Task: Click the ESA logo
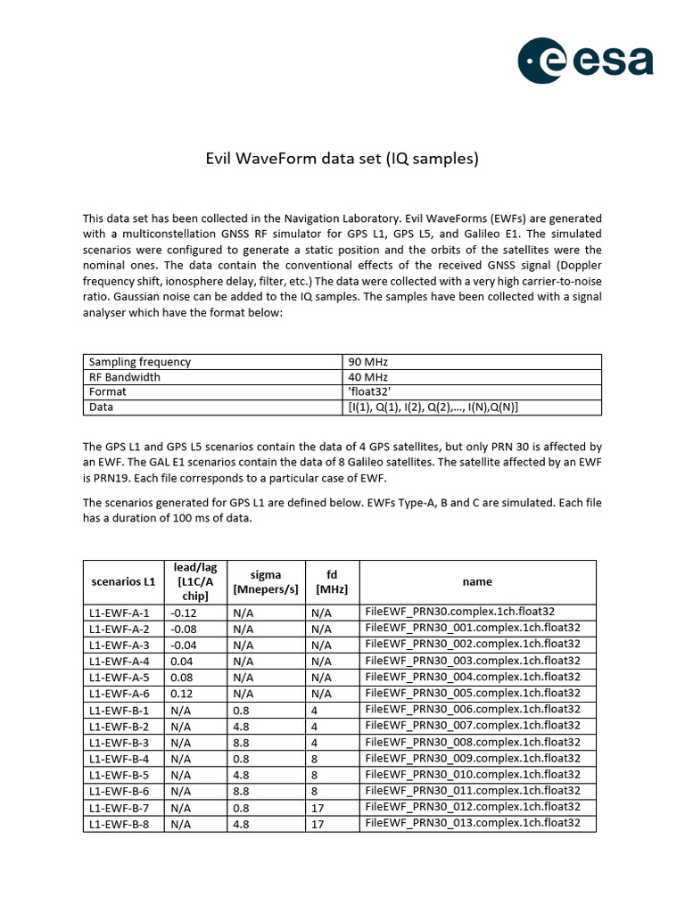tap(586, 62)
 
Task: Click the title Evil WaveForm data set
tap(342, 160)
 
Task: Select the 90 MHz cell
tap(368, 362)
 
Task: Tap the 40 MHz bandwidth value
tap(368, 377)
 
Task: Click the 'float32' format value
tap(369, 391)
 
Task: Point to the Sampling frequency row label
tap(139, 362)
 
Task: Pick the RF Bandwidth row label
tap(124, 377)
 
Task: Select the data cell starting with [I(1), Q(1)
tap(433, 407)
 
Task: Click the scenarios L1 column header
tap(123, 581)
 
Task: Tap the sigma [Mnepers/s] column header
tap(265, 581)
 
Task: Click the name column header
tap(477, 581)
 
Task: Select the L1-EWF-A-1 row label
tap(119, 613)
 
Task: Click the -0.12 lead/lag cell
tap(183, 613)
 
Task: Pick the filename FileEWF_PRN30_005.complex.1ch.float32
tap(473, 693)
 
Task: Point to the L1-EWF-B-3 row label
tap(119, 742)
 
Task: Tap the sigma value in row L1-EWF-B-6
tap(242, 790)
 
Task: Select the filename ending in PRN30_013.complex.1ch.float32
tap(473, 823)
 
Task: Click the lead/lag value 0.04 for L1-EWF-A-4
tap(181, 661)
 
